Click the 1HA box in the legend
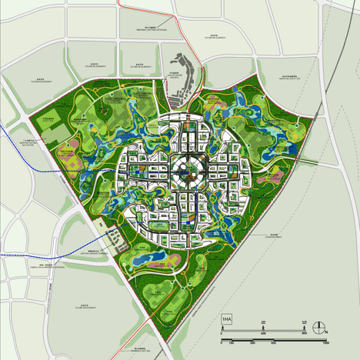tap(227, 318)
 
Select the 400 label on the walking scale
tap(264, 333)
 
